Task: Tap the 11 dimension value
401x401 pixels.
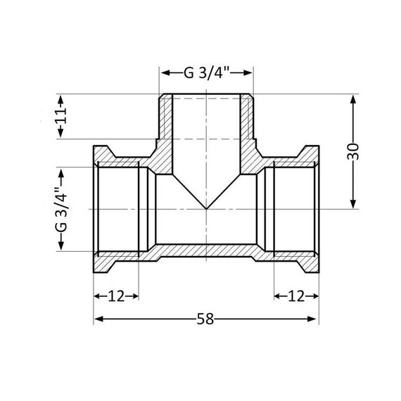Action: click(62, 116)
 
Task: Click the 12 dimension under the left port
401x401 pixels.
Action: click(117, 296)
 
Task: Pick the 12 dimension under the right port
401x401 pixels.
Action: click(296, 296)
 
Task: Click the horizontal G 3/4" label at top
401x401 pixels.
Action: click(206, 73)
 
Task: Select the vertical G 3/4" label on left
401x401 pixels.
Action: click(61, 209)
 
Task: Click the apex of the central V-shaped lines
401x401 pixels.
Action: click(206, 210)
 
